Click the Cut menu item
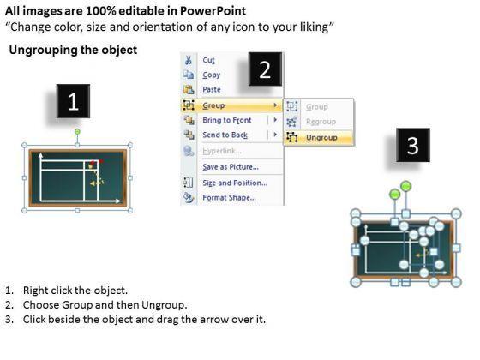coord(208,60)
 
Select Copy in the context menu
coord(211,75)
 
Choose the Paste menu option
coord(212,89)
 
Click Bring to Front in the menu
coord(227,120)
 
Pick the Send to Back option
coord(225,135)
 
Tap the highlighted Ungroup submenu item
coord(321,138)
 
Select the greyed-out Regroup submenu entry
coord(321,122)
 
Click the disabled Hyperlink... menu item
coord(222,151)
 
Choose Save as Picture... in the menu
coord(231,167)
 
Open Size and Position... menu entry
coord(235,183)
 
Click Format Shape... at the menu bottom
coord(229,197)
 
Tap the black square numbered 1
coord(73,101)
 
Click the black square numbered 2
coord(265,69)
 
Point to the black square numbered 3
coord(413,145)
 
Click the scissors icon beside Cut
coord(189,60)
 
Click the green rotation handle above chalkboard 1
coord(77,132)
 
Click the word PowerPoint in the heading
coord(213,11)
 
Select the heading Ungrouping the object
coord(73,50)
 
